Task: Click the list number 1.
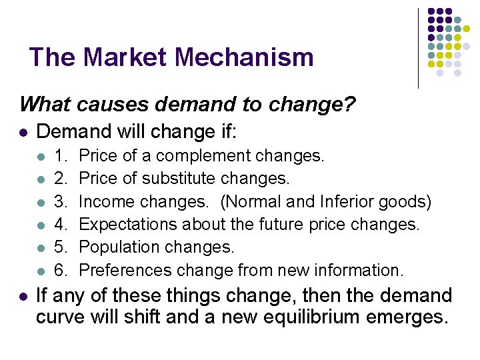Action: tap(61, 156)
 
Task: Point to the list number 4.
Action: tap(61, 224)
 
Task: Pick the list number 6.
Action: tap(61, 270)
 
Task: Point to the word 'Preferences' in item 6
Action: tap(125, 270)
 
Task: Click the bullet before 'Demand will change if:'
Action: tap(24, 133)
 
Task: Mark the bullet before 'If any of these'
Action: tap(24, 295)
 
